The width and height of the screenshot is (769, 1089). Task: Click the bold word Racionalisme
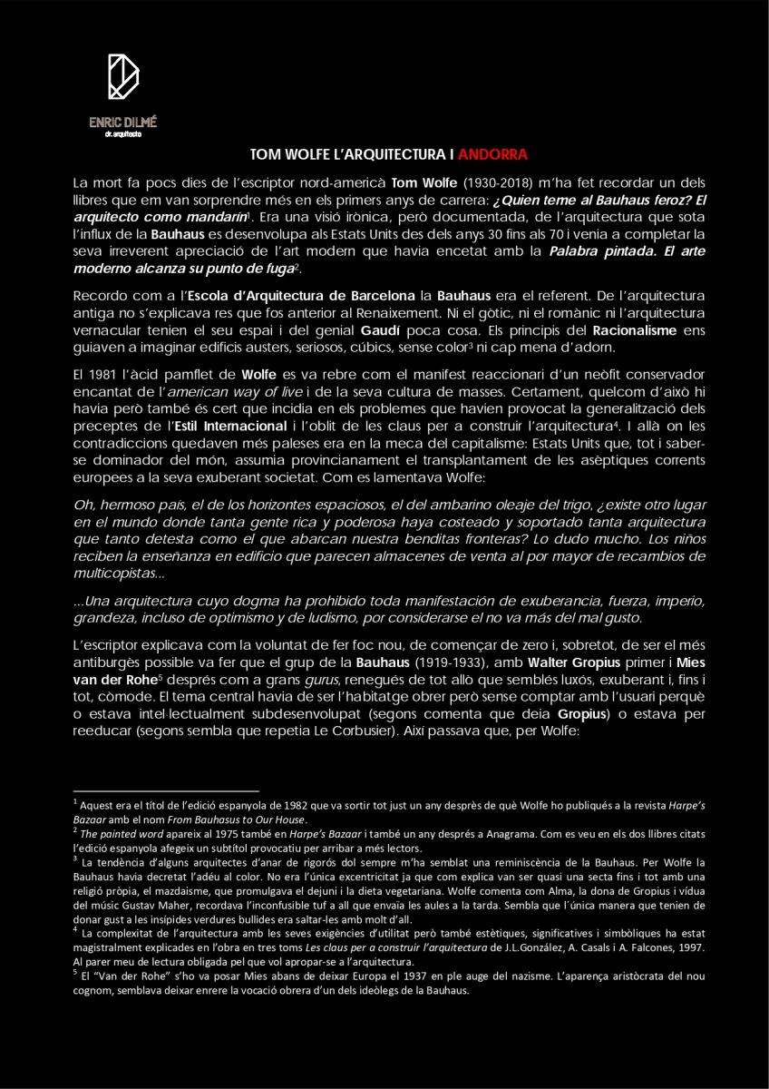[x=632, y=331]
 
